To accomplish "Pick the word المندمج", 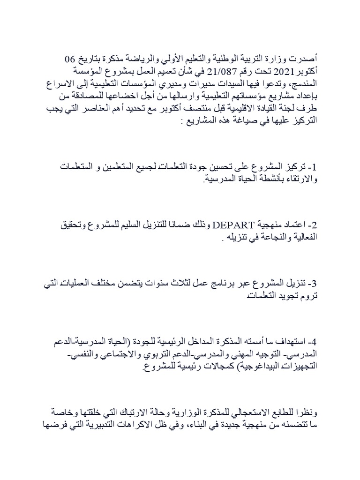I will [x=303, y=82].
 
